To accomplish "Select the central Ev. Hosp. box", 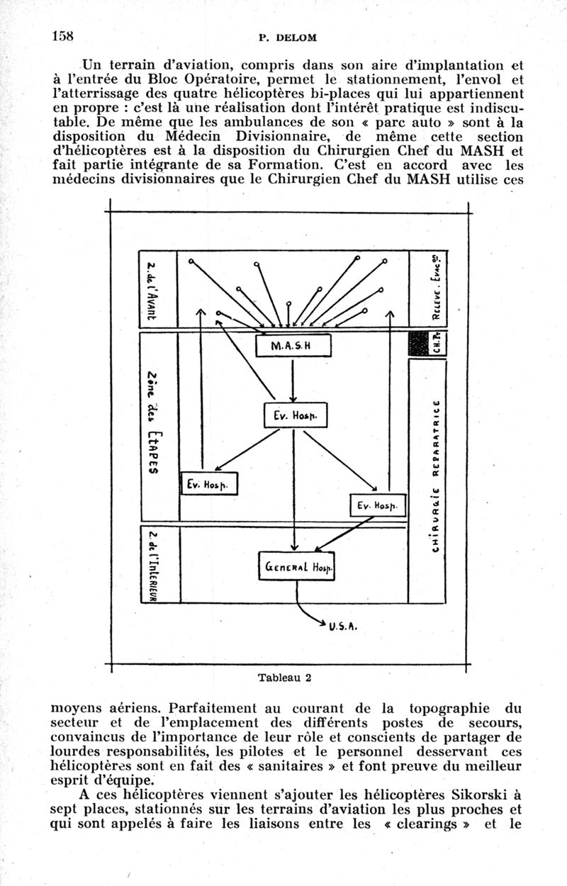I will [x=293, y=417].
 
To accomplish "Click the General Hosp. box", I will [x=296, y=567].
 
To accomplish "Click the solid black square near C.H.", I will [x=416, y=344].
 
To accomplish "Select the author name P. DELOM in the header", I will [x=287, y=37].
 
